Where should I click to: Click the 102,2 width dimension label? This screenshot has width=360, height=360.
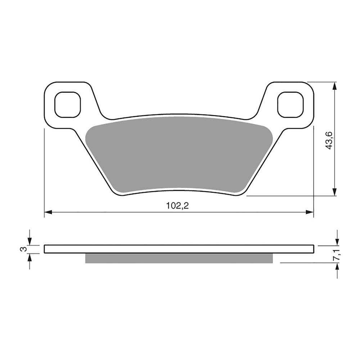(x=177, y=206)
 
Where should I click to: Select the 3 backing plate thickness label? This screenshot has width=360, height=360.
(x=23, y=249)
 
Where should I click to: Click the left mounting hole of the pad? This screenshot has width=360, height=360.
(x=67, y=104)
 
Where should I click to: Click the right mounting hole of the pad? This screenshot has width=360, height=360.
(x=291, y=104)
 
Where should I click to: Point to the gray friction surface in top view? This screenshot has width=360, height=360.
(x=179, y=155)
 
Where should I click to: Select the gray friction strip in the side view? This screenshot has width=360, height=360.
(x=179, y=258)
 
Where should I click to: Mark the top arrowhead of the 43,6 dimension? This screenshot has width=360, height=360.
(x=335, y=86)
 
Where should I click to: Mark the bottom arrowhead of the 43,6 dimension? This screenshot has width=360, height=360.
(x=335, y=192)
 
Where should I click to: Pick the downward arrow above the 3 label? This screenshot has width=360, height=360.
(x=30, y=240)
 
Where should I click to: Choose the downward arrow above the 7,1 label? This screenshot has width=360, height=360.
(x=337, y=241)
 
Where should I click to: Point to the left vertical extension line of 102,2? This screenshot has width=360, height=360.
(x=44, y=173)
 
